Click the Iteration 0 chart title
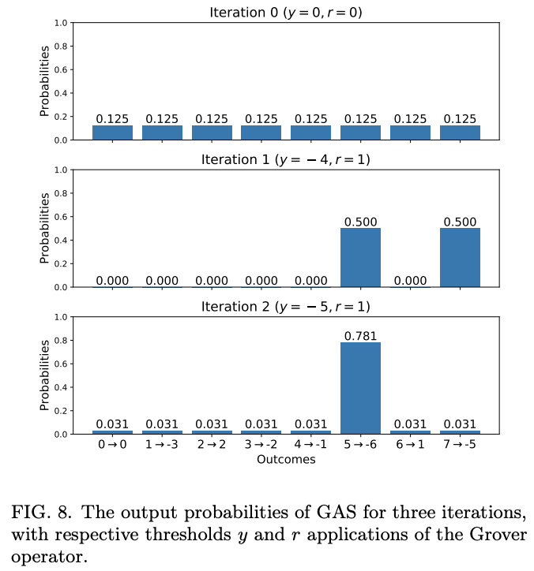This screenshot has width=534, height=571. pyautogui.click(x=286, y=12)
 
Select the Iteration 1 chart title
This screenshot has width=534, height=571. pyautogui.click(x=286, y=159)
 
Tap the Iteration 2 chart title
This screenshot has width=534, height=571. pyautogui.click(x=286, y=306)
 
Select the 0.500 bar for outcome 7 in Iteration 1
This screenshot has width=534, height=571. pyautogui.click(x=460, y=258)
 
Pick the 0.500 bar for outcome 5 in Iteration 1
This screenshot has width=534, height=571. pyautogui.click(x=360, y=258)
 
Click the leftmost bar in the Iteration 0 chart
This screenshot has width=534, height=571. pyautogui.click(x=112, y=132)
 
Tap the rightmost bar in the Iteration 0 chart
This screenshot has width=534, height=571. pyautogui.click(x=460, y=132)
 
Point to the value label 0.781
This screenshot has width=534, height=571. pyautogui.click(x=360, y=336)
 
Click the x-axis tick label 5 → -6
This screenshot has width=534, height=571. pyautogui.click(x=360, y=446)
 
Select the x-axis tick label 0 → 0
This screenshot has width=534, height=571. pyautogui.click(x=112, y=446)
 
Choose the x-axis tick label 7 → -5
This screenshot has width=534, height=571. pyautogui.click(x=460, y=446)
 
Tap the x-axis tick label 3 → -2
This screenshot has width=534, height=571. pyautogui.click(x=261, y=446)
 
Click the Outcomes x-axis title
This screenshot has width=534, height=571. pyautogui.click(x=286, y=460)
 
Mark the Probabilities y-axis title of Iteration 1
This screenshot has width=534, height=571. pyautogui.click(x=46, y=228)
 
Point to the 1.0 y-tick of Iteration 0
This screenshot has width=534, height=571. pyautogui.click(x=61, y=23)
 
